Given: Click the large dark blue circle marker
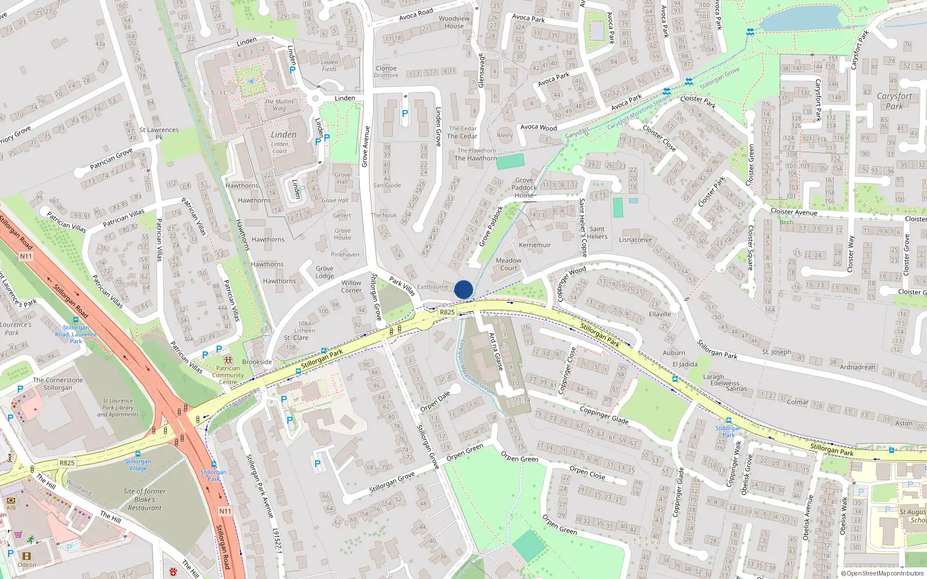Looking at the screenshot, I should click(x=463, y=289).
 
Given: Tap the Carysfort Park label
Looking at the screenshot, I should click(x=894, y=101).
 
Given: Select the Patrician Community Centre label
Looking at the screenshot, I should click(x=228, y=375).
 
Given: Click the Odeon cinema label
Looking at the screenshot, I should click(x=26, y=565).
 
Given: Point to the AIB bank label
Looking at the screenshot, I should click(x=11, y=508).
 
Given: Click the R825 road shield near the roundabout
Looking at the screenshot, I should click(x=447, y=312).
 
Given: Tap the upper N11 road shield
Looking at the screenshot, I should click(x=26, y=256).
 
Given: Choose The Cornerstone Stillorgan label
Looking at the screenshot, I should click(x=58, y=384).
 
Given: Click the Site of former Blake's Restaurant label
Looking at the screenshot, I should click(x=144, y=499).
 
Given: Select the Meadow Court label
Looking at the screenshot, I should click(x=509, y=264).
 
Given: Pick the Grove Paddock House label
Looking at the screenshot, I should click(x=524, y=188).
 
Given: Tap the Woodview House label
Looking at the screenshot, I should click(x=454, y=22).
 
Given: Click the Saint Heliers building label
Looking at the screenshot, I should click(x=597, y=233).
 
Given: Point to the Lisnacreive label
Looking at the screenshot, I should click(x=635, y=240).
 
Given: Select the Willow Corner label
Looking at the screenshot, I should click(x=351, y=287).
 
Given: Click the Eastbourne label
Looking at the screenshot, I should click(x=433, y=287).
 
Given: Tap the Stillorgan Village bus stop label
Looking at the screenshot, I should click(x=138, y=464).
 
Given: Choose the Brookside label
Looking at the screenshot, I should click(x=257, y=362).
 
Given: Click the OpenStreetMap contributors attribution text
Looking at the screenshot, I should click(x=882, y=573).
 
